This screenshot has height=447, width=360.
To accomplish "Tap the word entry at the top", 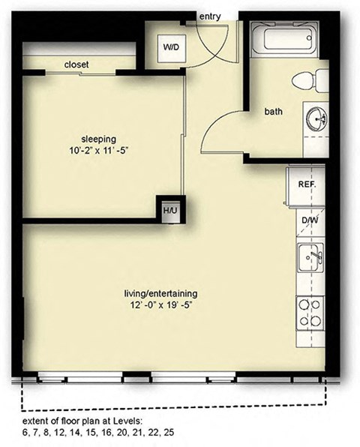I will (211, 16).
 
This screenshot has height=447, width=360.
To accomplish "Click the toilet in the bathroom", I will (310, 80).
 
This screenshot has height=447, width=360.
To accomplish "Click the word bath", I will (273, 112).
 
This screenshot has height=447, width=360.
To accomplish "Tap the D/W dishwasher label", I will (309, 220).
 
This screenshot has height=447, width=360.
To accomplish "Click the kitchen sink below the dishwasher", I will (311, 259).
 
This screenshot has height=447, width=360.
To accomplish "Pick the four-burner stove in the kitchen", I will (310, 313).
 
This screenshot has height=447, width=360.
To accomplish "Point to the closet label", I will (76, 65).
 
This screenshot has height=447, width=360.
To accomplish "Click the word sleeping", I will (99, 138).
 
